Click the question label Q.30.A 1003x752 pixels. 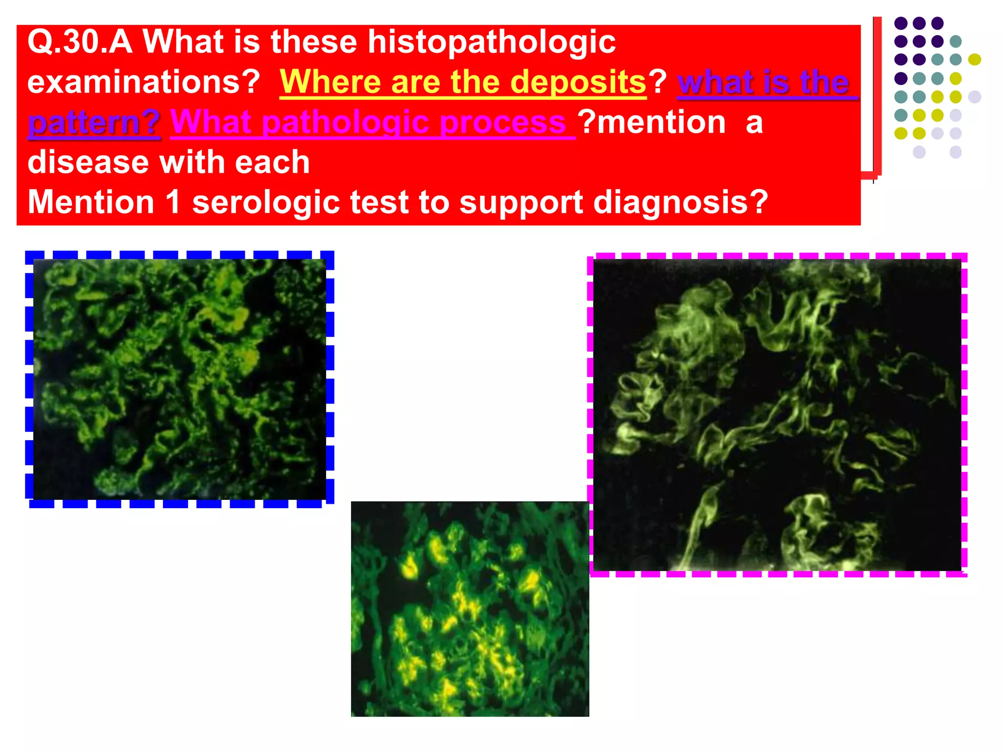[80, 42]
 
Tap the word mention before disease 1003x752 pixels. [661, 122]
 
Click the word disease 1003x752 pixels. [88, 162]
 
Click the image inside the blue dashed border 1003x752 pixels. [179, 379]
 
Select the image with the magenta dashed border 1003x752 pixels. [777, 414]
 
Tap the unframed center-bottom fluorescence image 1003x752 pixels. [470, 609]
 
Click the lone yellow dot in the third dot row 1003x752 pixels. [974, 60]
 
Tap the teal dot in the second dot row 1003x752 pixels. [955, 42]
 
